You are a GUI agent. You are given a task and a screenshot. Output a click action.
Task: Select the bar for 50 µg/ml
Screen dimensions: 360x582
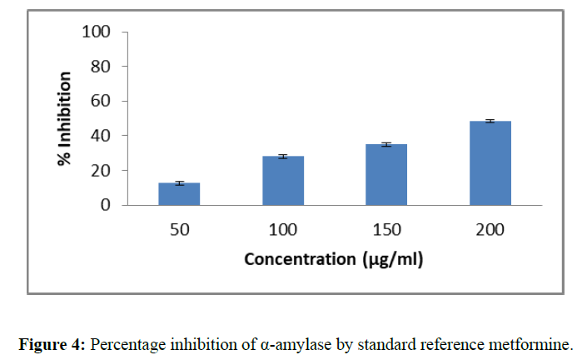[179, 194]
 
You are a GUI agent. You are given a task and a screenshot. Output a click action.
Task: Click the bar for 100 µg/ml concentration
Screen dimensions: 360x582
[283, 181]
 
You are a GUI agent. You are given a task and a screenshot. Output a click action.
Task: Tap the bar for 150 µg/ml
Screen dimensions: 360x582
[386, 175]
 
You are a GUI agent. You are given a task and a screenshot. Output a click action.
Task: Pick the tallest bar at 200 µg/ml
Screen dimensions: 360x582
[490, 163]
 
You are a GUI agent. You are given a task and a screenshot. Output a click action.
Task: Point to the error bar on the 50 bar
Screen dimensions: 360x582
[179, 183]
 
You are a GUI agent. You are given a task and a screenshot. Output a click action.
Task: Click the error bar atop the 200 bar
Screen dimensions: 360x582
[490, 122]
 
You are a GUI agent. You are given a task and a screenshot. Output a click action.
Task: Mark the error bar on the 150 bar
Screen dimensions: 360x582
[386, 145]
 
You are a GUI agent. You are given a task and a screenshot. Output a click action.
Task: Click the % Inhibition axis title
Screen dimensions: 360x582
[64, 119]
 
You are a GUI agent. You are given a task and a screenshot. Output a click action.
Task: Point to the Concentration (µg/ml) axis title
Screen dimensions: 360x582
[333, 260]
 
